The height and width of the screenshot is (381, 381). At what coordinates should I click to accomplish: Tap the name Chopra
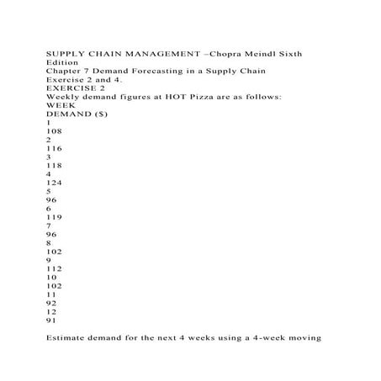pyautogui.click(x=224, y=53)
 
